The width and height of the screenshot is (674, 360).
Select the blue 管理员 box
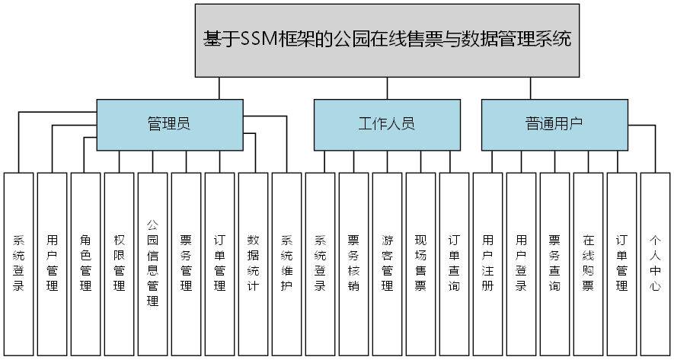[x=168, y=124]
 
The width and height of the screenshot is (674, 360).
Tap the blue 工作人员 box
[x=387, y=124]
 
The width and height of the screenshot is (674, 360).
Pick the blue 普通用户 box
[x=554, y=124]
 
